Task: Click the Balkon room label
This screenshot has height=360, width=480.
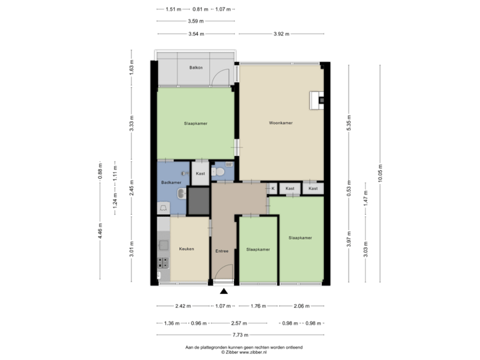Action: pyautogui.click(x=195, y=68)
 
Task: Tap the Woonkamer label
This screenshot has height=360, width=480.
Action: pyautogui.click(x=281, y=123)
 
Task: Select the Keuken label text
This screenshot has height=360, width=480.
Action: pyautogui.click(x=187, y=249)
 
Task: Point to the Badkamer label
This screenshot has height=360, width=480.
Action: pyautogui.click(x=171, y=181)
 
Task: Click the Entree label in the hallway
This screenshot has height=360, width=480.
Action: pyautogui.click(x=222, y=251)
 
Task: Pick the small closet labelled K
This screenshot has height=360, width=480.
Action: pyautogui.click(x=273, y=189)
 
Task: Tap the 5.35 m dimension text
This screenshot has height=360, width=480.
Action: pyautogui.click(x=349, y=123)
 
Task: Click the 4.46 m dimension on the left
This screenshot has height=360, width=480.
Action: pyautogui.click(x=100, y=231)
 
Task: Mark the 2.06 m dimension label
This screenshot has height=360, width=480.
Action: pyautogui.click(x=303, y=307)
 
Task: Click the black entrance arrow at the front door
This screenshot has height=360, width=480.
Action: pyautogui.click(x=224, y=290)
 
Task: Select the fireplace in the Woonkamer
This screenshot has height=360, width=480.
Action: pyautogui.click(x=318, y=101)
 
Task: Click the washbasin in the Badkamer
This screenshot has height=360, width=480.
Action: pyautogui.click(x=180, y=194)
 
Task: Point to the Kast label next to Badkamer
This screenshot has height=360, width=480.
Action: pyautogui.click(x=200, y=173)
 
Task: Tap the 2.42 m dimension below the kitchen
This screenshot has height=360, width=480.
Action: pyautogui.click(x=183, y=307)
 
